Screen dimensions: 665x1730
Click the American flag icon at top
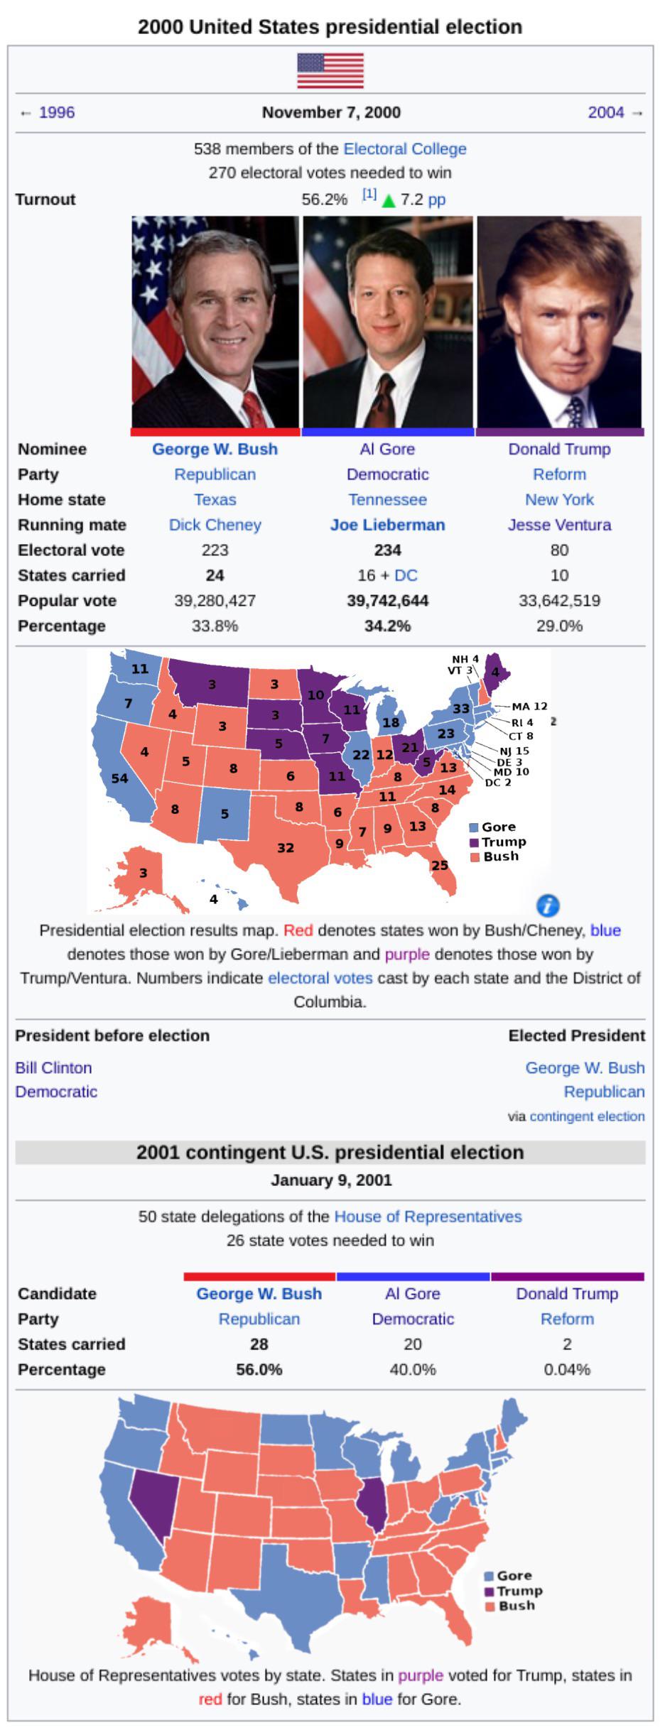pyautogui.click(x=330, y=70)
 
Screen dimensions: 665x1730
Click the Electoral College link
pyautogui.click(x=405, y=149)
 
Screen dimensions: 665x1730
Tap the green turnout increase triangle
pyautogui.click(x=388, y=201)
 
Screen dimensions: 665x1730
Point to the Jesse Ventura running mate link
pyautogui.click(x=559, y=525)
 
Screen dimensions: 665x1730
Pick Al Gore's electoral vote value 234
pyautogui.click(x=388, y=550)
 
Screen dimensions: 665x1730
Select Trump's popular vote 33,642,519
pyautogui.click(x=559, y=601)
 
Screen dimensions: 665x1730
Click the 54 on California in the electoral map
pyautogui.click(x=119, y=778)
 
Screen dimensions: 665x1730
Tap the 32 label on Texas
pyautogui.click(x=286, y=847)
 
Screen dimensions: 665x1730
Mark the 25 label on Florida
pyautogui.click(x=440, y=865)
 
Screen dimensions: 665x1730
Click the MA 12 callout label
pyautogui.click(x=529, y=706)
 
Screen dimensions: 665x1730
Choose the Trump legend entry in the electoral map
pyautogui.click(x=498, y=842)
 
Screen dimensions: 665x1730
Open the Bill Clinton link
pyautogui.click(x=53, y=1068)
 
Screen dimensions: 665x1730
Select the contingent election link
pyautogui.click(x=587, y=1116)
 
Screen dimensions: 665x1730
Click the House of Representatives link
pyautogui.click(x=428, y=1217)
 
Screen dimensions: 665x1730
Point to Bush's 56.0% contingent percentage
pyautogui.click(x=259, y=1370)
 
